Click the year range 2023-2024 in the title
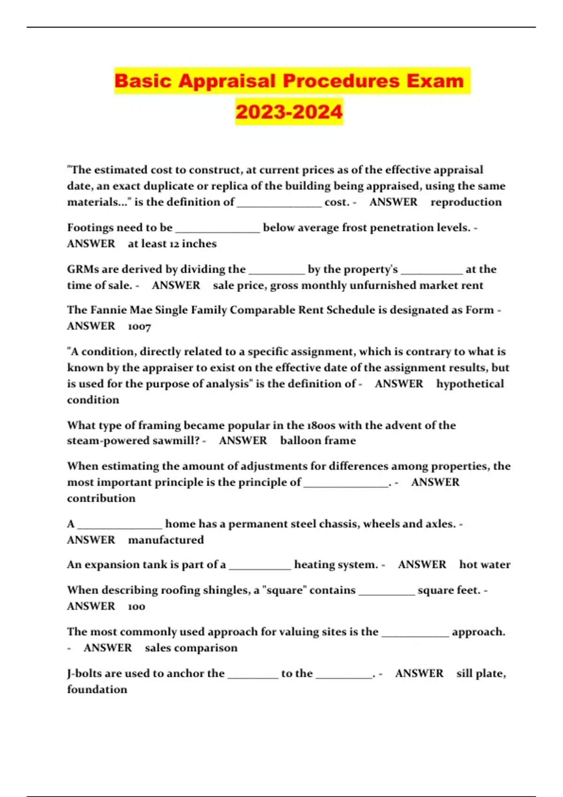pos(289,112)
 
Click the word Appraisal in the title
pos(227,81)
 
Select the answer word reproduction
pos(466,202)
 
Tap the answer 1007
pos(139,326)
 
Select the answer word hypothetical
pos(470,383)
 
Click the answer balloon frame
pos(318,441)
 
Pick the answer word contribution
pos(101,498)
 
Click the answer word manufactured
pos(166,540)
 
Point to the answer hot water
pos(485,564)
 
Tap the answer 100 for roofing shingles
pos(137,607)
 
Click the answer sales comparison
pos(191,648)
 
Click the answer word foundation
pos(97,690)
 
